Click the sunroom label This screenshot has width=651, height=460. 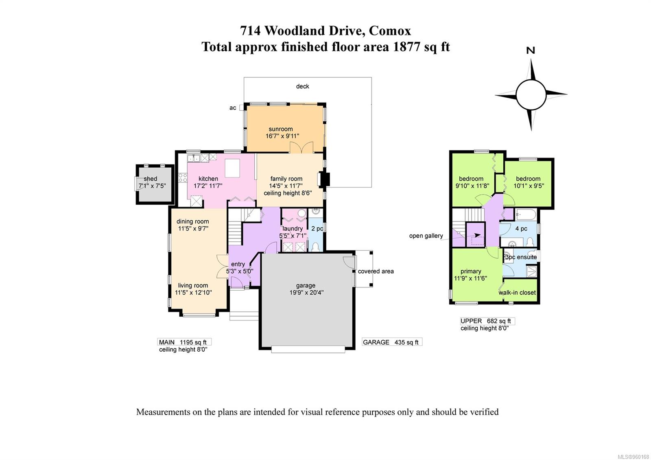pyautogui.click(x=280, y=129)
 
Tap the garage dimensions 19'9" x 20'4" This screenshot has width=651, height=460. pyautogui.click(x=306, y=292)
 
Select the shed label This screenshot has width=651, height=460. pyautogui.click(x=150, y=179)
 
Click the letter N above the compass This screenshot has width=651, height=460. pyautogui.click(x=531, y=50)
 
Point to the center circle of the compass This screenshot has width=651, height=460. pyautogui.click(x=531, y=94)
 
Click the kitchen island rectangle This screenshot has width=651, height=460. pyautogui.click(x=232, y=169)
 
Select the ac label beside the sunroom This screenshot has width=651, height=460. pyautogui.click(x=233, y=108)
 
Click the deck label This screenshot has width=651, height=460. pyautogui.click(x=302, y=86)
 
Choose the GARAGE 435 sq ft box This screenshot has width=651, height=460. pyautogui.click(x=391, y=342)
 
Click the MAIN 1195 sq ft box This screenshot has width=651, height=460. pyautogui.click(x=184, y=342)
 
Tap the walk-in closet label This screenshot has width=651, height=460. pyautogui.click(x=517, y=293)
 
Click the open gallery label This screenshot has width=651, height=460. pyautogui.click(x=426, y=236)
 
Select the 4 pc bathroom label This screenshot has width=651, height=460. pyautogui.click(x=521, y=229)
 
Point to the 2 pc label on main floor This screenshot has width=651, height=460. pyautogui.click(x=317, y=229)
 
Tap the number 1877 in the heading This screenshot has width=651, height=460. pyautogui.click(x=406, y=47)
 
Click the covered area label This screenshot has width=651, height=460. pyautogui.click(x=376, y=271)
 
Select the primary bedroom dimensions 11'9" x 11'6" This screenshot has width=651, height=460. pyautogui.click(x=471, y=278)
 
